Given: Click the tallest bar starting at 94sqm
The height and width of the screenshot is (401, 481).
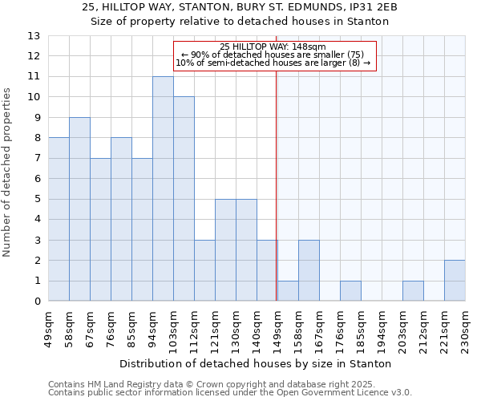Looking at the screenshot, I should point(163,188).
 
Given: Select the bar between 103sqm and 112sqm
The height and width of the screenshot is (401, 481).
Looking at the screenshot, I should point(184,199).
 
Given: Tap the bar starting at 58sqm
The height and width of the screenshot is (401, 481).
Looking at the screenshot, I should point(79,209).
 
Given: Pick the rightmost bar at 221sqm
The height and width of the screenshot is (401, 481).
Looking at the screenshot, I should point(455,281).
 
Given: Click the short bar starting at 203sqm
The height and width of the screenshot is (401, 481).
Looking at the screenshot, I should point(413,291).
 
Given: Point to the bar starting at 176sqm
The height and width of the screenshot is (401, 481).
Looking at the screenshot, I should point(350,291).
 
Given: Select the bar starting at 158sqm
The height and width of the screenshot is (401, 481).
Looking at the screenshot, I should point(309,270).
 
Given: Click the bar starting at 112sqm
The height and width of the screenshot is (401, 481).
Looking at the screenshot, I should point(204,270).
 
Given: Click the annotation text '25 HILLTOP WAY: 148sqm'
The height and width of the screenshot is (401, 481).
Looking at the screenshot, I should point(273,47).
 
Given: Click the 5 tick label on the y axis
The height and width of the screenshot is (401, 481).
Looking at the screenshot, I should point(37,199).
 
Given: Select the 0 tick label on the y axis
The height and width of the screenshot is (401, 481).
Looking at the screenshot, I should point(37,302).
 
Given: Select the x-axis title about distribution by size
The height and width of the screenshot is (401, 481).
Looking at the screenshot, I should point(256,363).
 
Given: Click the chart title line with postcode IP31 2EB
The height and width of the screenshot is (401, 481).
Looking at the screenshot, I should point(240,7).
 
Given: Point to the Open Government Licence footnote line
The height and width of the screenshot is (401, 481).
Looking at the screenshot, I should point(230,393).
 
